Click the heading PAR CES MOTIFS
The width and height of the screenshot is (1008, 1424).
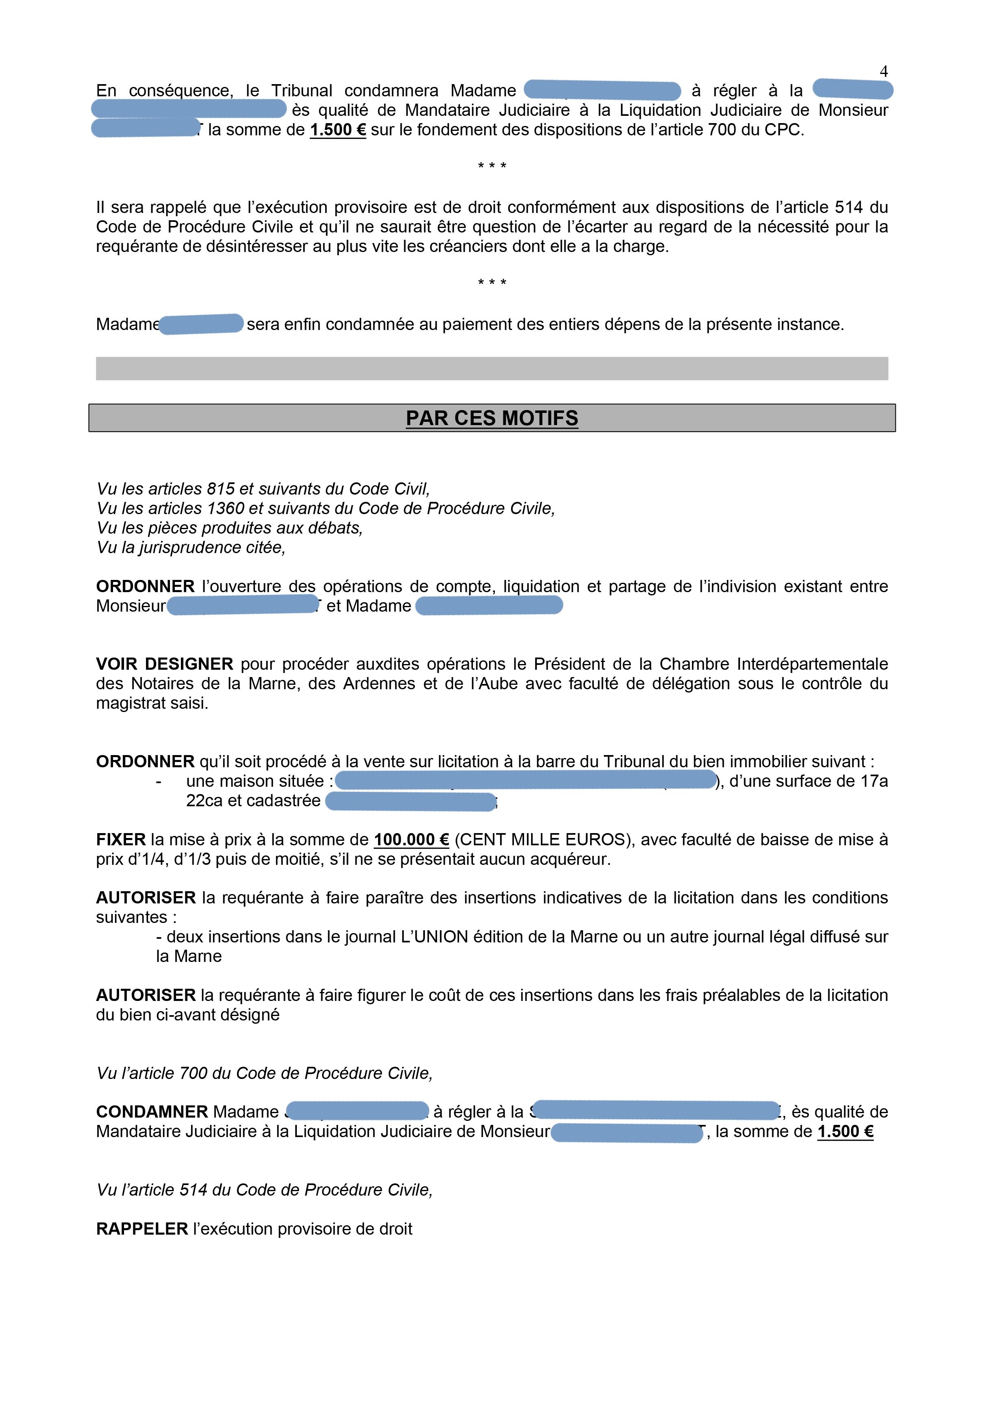coord(492,418)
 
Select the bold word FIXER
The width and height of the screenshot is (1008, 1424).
coord(120,840)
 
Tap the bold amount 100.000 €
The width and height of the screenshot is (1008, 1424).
coord(411,840)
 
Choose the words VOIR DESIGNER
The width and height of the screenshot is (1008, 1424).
coord(165,664)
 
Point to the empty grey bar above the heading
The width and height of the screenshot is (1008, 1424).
coord(492,369)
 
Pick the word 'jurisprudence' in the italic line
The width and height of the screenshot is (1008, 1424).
coord(190,548)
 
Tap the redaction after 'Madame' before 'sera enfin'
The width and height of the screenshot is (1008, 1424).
coord(201,324)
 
